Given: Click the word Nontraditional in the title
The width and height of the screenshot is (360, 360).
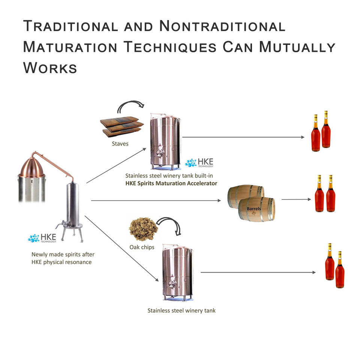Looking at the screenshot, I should click(222, 27).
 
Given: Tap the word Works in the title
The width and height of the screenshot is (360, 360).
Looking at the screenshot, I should click(50, 68).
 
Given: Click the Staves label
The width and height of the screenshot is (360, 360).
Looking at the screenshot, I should click(120, 144).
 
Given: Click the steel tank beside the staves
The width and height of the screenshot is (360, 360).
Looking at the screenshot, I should click(165, 141).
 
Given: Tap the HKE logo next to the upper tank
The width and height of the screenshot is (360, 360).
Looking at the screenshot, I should click(199, 163).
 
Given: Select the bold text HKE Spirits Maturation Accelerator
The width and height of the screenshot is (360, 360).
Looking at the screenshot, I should click(171, 183).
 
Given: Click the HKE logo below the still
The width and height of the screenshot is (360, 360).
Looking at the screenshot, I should click(42, 238).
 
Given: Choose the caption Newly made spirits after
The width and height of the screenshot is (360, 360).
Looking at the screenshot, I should click(63, 254).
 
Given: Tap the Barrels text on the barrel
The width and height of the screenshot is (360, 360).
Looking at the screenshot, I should click(254, 208).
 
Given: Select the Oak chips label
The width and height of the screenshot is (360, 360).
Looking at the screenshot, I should click(142, 247).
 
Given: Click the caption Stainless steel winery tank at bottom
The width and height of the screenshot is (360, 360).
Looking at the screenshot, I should click(181, 310).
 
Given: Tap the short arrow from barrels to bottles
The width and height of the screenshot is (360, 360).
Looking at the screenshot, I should click(296, 199).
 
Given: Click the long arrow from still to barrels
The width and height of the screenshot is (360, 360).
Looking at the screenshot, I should click(156, 201).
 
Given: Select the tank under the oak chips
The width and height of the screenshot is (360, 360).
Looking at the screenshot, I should click(177, 272).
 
